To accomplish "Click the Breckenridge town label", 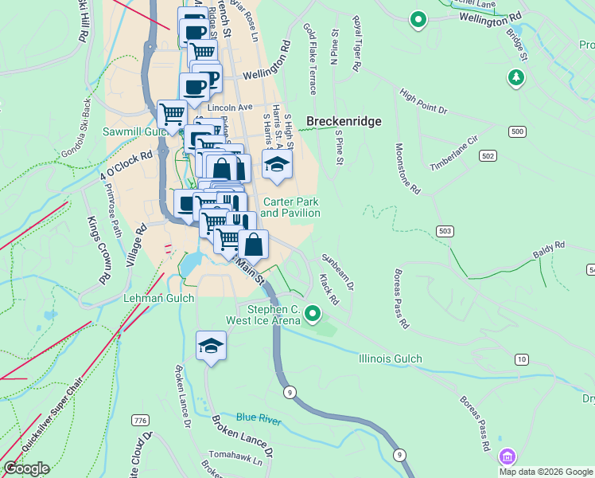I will click(344, 122).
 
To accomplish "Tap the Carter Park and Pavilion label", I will click(291, 208).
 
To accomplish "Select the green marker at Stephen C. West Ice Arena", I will click(313, 315).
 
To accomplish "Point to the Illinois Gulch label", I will click(390, 359).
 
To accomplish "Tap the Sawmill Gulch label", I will click(132, 131).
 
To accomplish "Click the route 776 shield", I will click(141, 420).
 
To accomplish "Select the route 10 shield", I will click(521, 359).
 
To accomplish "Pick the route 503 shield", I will click(445, 231).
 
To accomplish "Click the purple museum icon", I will click(507, 457).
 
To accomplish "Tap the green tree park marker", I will click(516, 77).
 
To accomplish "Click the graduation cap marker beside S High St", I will click(278, 165).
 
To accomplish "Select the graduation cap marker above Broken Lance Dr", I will click(211, 346).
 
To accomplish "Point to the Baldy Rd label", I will click(548, 246).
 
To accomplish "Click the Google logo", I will click(26, 468).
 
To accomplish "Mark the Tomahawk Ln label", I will click(239, 459).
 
